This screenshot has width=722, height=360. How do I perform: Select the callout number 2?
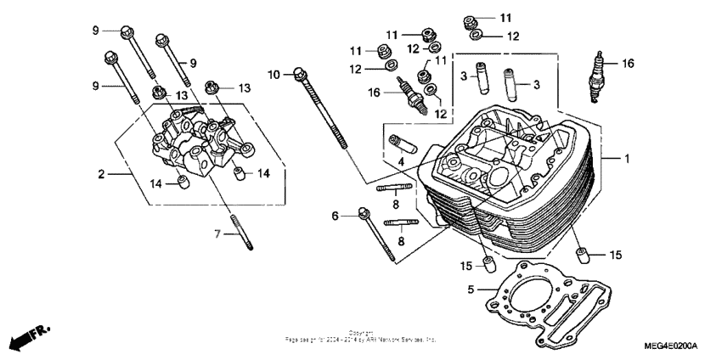[101, 174]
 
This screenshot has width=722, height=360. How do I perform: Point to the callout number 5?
[470, 289]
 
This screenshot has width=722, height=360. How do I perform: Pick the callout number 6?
[335, 217]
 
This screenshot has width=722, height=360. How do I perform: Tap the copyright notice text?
[361, 336]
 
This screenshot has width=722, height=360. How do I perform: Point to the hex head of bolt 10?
[300, 73]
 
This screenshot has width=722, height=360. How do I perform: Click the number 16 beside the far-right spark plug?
[628, 64]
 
